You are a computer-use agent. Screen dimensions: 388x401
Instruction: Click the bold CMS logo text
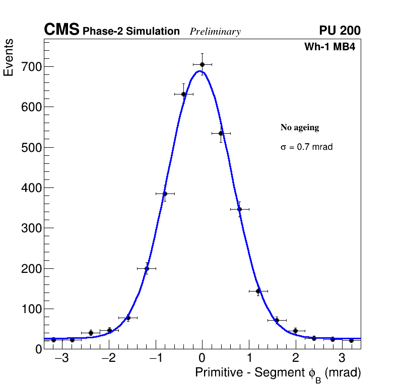click(61, 30)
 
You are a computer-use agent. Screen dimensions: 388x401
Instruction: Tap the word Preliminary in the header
click(215, 32)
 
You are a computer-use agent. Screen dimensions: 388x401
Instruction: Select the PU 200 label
click(340, 31)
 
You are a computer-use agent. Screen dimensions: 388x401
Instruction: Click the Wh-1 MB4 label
click(332, 47)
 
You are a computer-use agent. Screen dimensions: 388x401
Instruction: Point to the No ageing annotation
click(300, 128)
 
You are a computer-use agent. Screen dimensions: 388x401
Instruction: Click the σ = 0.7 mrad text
click(306, 147)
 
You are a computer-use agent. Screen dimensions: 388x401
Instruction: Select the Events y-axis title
click(9, 58)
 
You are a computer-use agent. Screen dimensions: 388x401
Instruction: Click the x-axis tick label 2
click(295, 359)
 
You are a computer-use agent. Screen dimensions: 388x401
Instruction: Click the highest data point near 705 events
click(202, 64)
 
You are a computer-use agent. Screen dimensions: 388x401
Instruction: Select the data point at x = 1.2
click(258, 291)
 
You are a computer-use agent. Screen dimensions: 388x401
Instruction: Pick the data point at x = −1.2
click(147, 268)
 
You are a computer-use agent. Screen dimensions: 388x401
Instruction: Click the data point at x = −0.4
click(183, 94)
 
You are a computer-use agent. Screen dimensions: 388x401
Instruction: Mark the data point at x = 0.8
click(239, 209)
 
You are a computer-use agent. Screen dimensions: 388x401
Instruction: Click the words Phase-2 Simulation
click(131, 32)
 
